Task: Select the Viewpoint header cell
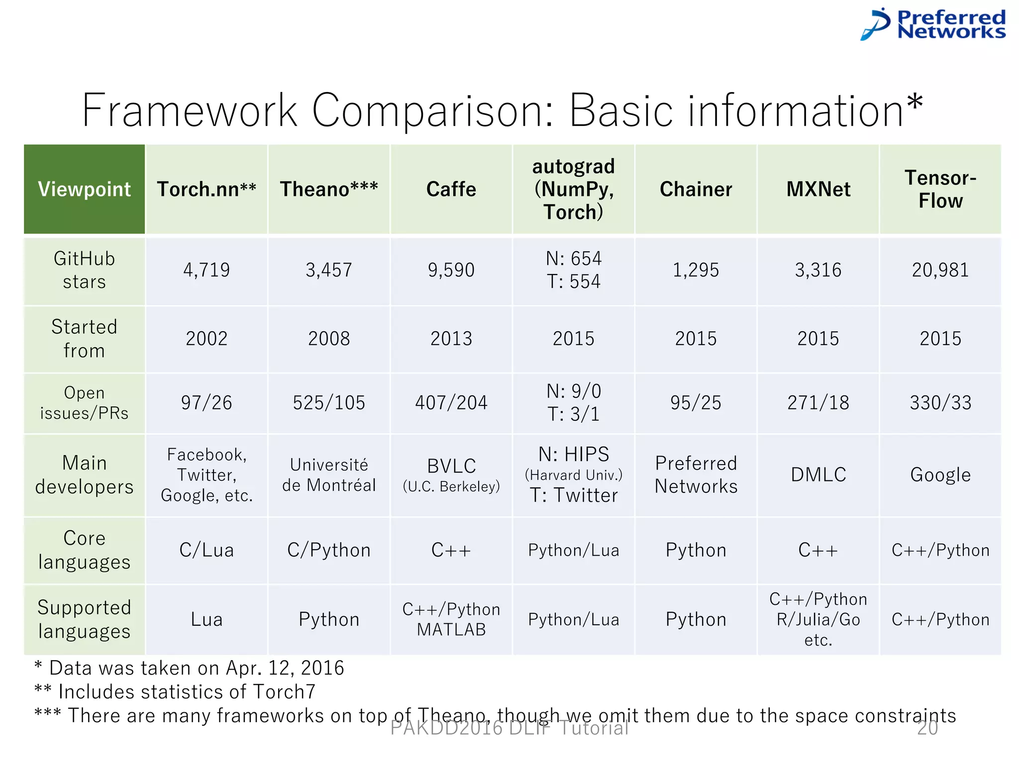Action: coord(85,189)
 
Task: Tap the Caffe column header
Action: coord(451,189)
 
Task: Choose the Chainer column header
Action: coord(696,189)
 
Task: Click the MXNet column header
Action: coord(818,189)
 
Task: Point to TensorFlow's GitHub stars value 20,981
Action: coord(940,270)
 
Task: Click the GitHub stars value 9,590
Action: coord(451,270)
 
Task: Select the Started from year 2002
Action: coord(206,339)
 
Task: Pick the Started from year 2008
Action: coord(329,339)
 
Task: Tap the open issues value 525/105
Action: coord(329,403)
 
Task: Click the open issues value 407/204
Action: coord(451,403)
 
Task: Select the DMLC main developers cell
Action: coord(818,475)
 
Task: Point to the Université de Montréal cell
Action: coord(329,475)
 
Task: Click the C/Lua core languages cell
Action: coord(206,550)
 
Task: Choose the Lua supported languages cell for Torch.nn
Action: coord(206,620)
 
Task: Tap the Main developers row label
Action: coord(85,475)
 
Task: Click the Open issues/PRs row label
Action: coord(85,403)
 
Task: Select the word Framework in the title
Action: coord(190,110)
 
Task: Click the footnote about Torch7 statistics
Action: coord(175,692)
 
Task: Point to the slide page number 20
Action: coord(927,728)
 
